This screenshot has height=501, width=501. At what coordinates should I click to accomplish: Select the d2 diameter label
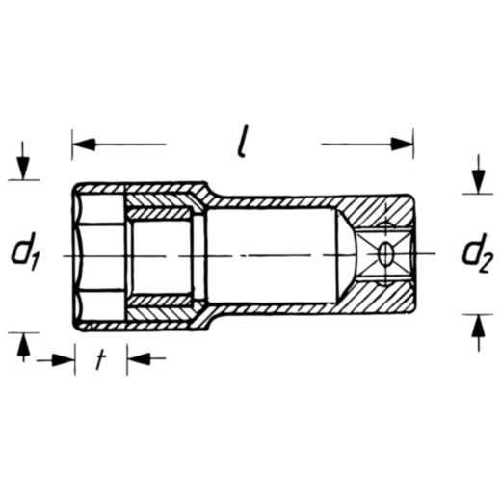pos(476,253)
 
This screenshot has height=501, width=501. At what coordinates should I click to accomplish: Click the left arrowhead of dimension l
pos(85,145)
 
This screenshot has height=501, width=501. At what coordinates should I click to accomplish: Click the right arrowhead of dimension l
pos(402,145)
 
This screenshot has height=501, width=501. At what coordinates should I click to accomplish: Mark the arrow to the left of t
pos(63,360)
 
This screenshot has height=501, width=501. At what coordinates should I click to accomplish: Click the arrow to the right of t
pos(138,360)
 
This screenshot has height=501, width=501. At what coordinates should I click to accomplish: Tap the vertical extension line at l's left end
pos(72,154)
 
